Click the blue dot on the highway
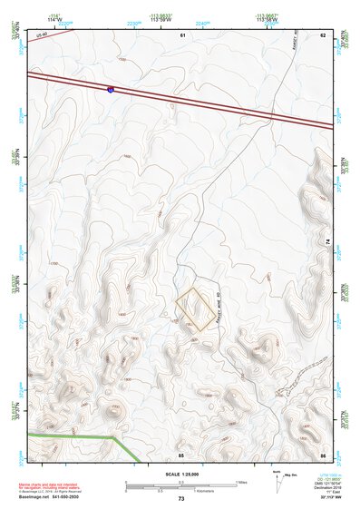[x=111, y=89]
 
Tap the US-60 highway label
[x=41, y=34]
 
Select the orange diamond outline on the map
[x=196, y=309]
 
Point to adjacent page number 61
[x=182, y=34]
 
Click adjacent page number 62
[x=322, y=34]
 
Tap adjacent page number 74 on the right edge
[x=327, y=240]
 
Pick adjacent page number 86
[x=322, y=454]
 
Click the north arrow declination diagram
[x=277, y=478]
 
